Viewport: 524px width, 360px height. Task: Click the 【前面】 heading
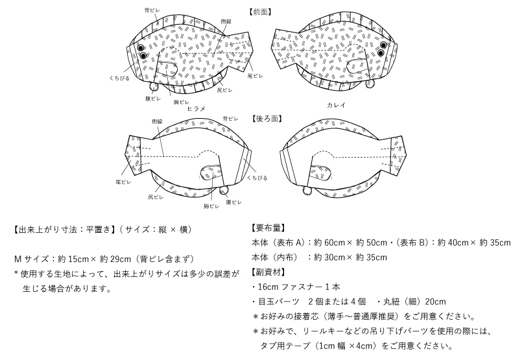point(260,12)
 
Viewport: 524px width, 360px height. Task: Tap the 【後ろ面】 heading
point(267,119)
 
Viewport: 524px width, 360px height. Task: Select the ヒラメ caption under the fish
point(196,108)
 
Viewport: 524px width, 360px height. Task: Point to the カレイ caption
point(336,105)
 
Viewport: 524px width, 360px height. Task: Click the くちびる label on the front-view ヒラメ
point(119,78)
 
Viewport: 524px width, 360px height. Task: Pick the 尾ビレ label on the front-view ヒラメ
point(255,76)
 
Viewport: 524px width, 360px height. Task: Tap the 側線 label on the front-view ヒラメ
point(226,21)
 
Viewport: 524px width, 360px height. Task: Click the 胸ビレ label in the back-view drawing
point(211,206)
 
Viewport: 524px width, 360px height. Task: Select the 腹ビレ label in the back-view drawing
point(233,202)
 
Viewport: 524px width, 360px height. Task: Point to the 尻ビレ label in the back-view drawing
point(156,197)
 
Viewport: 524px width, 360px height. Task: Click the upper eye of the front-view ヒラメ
point(141,47)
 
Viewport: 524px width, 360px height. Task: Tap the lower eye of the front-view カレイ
point(381,53)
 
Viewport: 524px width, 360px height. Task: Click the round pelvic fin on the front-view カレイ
point(370,84)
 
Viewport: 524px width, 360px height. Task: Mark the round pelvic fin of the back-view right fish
point(307,191)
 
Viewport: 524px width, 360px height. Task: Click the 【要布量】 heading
point(268,228)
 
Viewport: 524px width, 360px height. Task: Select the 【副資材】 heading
point(268,272)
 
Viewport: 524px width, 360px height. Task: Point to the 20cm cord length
point(435,302)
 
